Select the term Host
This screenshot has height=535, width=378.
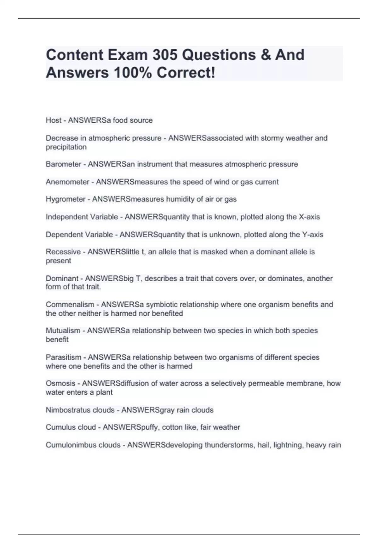[54, 120]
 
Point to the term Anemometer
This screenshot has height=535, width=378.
[67, 182]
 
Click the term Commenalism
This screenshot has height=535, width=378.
[70, 305]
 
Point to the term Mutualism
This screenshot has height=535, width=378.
[63, 331]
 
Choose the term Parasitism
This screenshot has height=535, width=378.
[63, 358]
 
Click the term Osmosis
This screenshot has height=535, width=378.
[60, 384]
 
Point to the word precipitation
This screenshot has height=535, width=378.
[66, 147]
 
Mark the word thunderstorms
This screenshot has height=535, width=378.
[230, 445]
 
